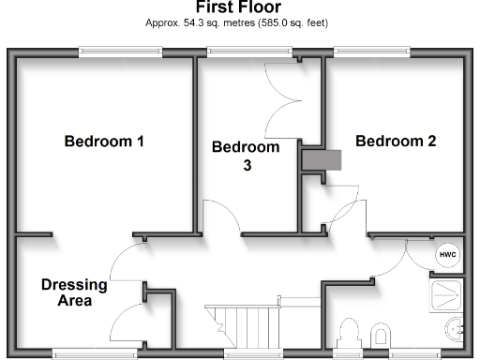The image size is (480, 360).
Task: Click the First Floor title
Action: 239,7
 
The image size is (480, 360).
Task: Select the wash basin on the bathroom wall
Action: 457,330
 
